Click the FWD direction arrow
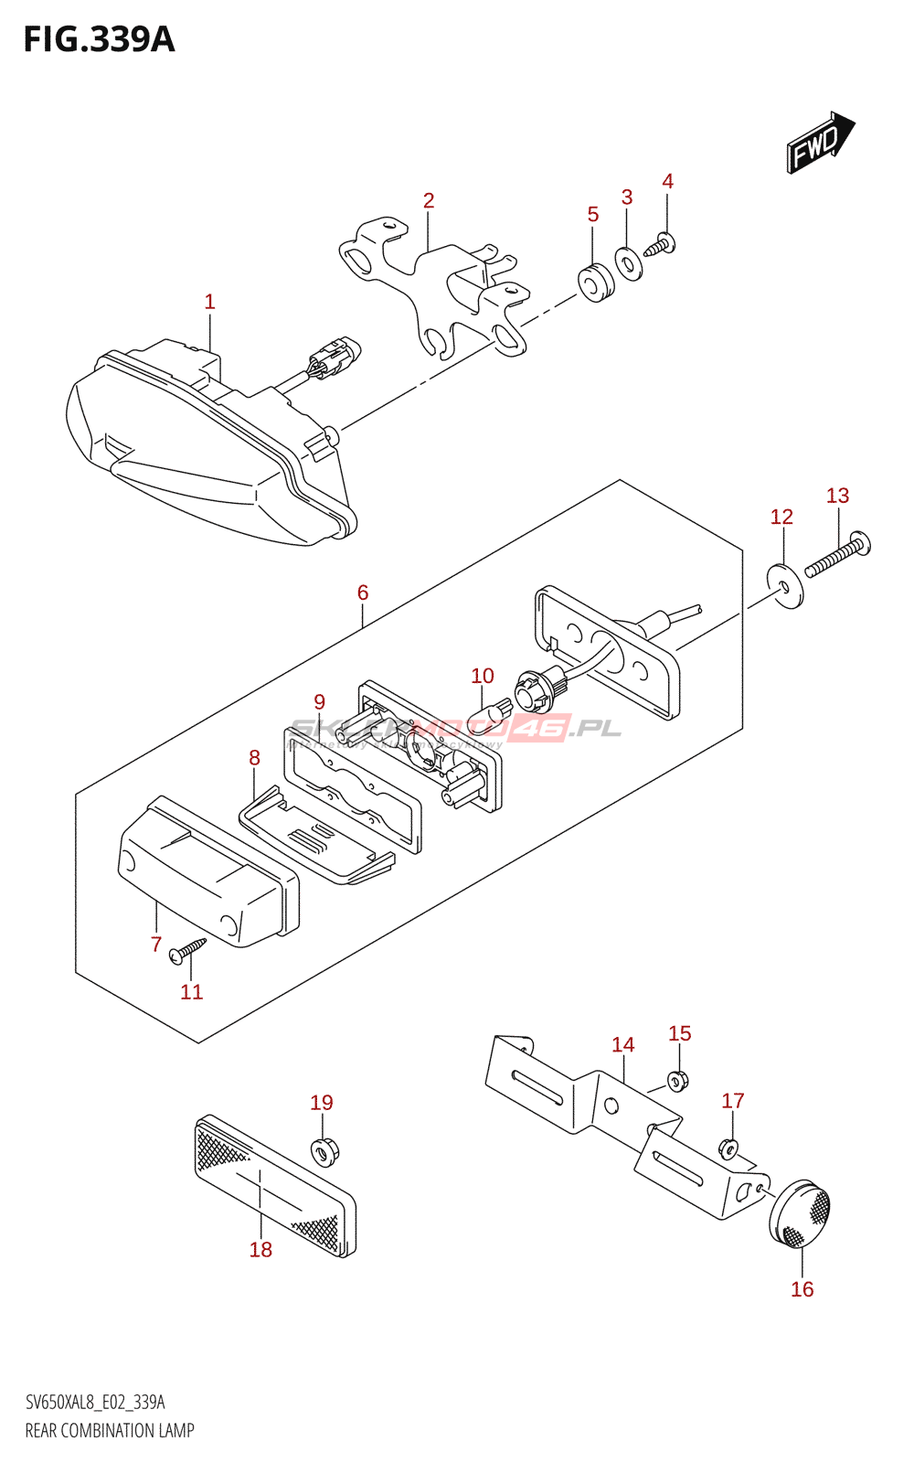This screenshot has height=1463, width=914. pyautogui.click(x=819, y=144)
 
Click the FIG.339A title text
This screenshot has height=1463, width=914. pyautogui.click(x=99, y=40)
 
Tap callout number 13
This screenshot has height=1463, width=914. pyautogui.click(x=837, y=496)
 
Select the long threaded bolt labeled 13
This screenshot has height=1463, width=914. pyautogui.click(x=837, y=558)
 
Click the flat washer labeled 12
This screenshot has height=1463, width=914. pyautogui.click(x=785, y=586)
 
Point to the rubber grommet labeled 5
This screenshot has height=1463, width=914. pyautogui.click(x=597, y=283)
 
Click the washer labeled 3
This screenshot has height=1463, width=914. pyautogui.click(x=628, y=264)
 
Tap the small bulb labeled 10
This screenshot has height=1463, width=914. pyautogui.click(x=490, y=716)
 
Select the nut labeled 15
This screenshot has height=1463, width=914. pyautogui.click(x=677, y=1081)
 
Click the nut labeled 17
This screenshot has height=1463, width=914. pyautogui.click(x=728, y=1146)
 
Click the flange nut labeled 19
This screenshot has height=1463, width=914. pyautogui.click(x=323, y=1150)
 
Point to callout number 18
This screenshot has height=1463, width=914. pyautogui.click(x=260, y=1249)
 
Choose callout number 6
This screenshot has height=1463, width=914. pyautogui.click(x=363, y=593)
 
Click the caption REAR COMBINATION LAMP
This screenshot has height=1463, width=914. pyautogui.click(x=110, y=1431)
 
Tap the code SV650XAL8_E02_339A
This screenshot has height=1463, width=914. pyautogui.click(x=95, y=1403)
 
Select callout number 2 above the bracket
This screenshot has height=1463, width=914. pyautogui.click(x=429, y=200)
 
